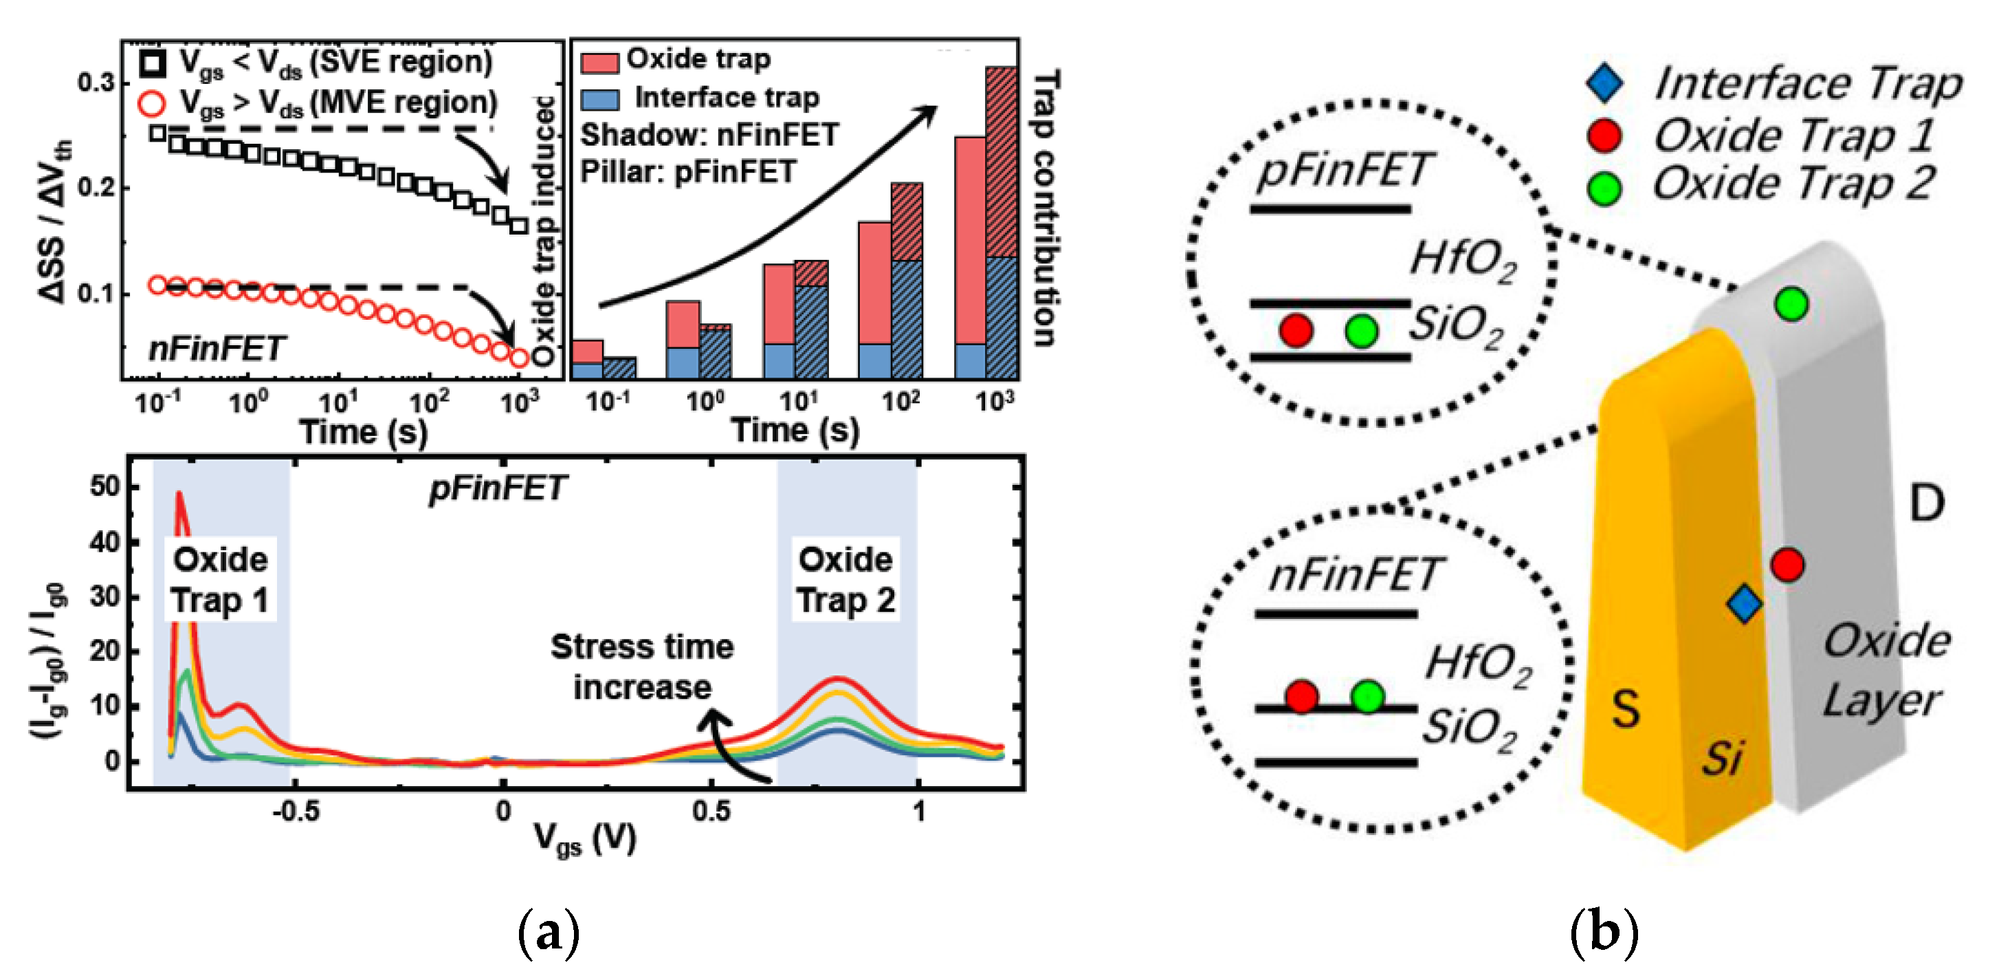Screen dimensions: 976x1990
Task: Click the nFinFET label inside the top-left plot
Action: [x=217, y=349]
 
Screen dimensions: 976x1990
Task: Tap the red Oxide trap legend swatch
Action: [x=599, y=62]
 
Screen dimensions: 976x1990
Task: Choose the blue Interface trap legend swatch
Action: [x=599, y=99]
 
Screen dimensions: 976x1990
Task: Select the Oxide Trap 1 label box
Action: [x=220, y=580]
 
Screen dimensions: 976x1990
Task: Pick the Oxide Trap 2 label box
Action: [x=845, y=580]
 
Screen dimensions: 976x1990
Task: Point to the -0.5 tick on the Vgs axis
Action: [x=296, y=812]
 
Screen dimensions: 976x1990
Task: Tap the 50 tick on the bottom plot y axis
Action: [x=105, y=487]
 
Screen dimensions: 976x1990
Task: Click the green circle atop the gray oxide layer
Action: [x=1791, y=304]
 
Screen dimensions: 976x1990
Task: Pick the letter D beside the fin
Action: [x=1927, y=504]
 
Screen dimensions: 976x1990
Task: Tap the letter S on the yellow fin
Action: [x=1626, y=708]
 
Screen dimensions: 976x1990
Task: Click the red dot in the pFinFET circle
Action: [x=1296, y=330]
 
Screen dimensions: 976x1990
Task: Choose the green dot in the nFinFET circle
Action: [x=1367, y=696]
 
